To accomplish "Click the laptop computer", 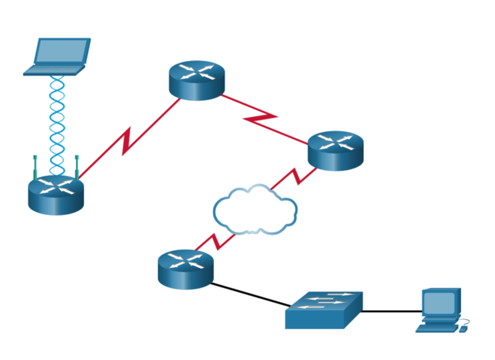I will point(58,57).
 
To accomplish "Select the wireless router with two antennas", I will point(55,193).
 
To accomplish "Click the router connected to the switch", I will point(185,268).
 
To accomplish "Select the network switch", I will point(324,310).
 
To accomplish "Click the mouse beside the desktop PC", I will point(464,328).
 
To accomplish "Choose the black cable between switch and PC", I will point(392,311).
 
